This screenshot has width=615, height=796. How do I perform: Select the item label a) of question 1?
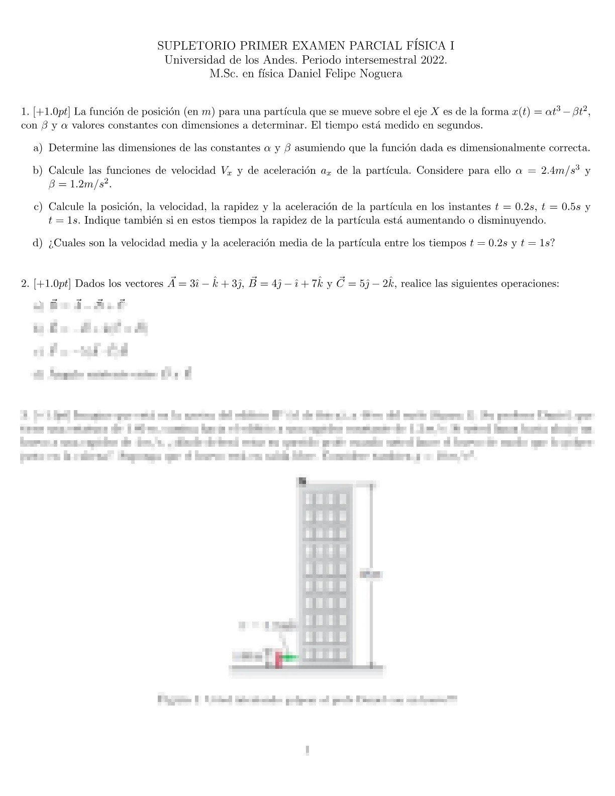coord(38,148)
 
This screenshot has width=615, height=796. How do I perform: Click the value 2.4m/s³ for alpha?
coord(560,171)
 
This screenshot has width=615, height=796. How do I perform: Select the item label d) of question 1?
coord(38,243)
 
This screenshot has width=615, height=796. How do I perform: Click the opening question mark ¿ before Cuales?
coord(51,243)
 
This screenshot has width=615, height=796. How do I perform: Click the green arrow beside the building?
coord(289,657)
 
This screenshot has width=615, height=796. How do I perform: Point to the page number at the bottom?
coord(307,751)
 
